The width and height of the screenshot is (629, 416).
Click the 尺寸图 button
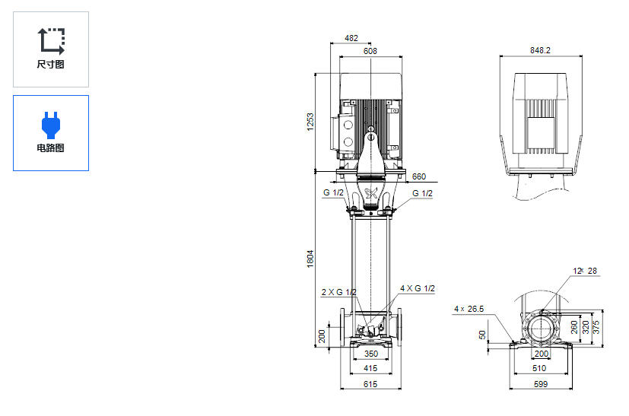[x=50, y=49]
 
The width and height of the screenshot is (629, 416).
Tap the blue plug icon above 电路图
[x=50, y=122]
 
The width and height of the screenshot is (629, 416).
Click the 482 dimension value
[x=351, y=37]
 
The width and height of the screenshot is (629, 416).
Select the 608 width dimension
[x=370, y=51]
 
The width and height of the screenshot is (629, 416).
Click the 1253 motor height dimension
[x=310, y=122]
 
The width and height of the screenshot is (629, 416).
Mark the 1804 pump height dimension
[x=310, y=259]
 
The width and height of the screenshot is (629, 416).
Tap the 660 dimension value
[x=418, y=176]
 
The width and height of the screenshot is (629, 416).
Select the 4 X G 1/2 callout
[x=418, y=288]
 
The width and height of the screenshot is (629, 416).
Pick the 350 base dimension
[x=370, y=354]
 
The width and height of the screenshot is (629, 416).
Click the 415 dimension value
[x=370, y=368]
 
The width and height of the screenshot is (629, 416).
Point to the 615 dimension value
[x=370, y=384]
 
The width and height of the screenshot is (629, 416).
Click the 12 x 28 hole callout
[x=585, y=271]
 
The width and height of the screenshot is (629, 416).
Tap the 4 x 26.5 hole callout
[x=469, y=309]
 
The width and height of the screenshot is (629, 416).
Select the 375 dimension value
[x=596, y=326]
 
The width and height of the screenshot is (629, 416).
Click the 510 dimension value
[x=541, y=368]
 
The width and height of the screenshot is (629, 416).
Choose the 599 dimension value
[x=541, y=384]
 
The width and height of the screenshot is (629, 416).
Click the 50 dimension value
[x=483, y=334]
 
